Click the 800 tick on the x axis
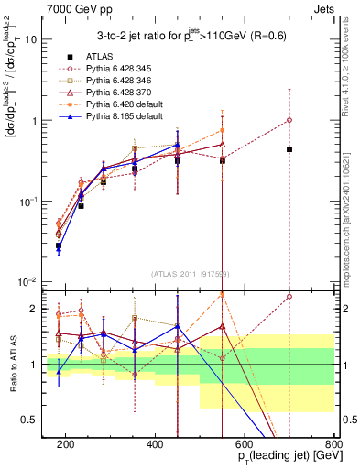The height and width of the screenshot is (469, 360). click(333, 444)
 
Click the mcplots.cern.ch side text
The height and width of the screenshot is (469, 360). click(350, 202)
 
